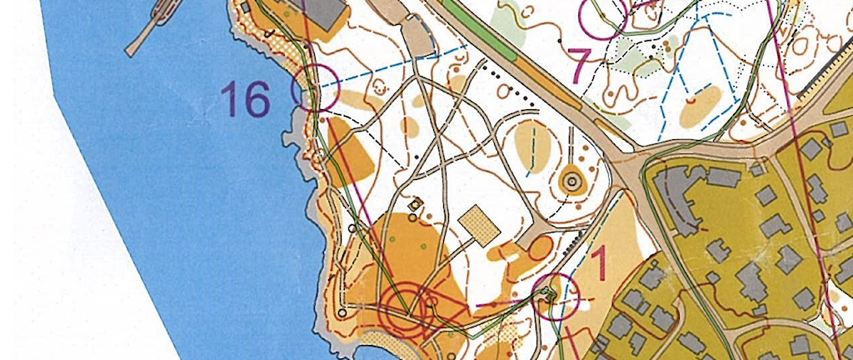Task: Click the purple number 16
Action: pyautogui.click(x=246, y=100)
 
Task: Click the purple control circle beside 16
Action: pyautogui.click(x=316, y=87)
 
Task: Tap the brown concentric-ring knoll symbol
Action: pyautogui.click(x=571, y=180)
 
